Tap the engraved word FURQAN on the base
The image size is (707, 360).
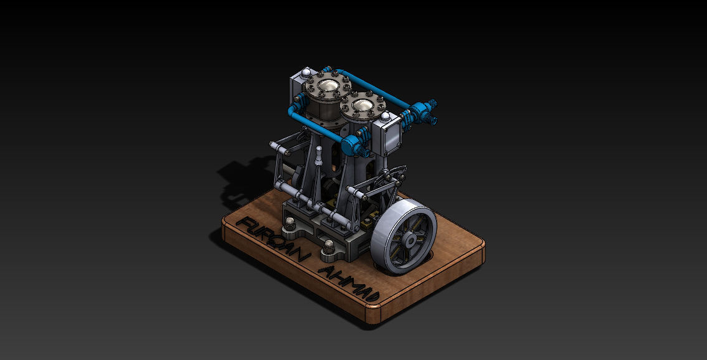(x=272, y=241)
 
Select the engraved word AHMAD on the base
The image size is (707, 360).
(x=346, y=284)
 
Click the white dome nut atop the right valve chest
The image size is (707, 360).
(x=387, y=116)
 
